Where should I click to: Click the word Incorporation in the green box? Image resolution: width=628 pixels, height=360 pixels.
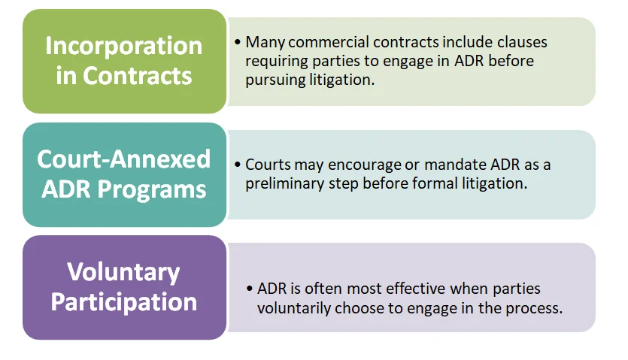[x=124, y=47]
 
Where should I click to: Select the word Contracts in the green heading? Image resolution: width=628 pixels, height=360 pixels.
[x=138, y=76]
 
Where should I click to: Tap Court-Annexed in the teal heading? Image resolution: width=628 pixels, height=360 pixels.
[x=124, y=159]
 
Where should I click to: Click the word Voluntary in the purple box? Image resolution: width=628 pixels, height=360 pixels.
[x=123, y=273]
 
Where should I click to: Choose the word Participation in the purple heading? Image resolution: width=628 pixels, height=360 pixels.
[x=124, y=302]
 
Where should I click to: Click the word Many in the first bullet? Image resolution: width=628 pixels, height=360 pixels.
[x=265, y=42]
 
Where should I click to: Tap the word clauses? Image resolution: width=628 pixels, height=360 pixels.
[x=522, y=42]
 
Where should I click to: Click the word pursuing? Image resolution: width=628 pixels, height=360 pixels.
[x=275, y=80]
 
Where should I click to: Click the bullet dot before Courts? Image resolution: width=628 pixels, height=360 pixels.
[x=238, y=165]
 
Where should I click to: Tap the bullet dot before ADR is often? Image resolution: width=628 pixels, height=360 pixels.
[x=250, y=289]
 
